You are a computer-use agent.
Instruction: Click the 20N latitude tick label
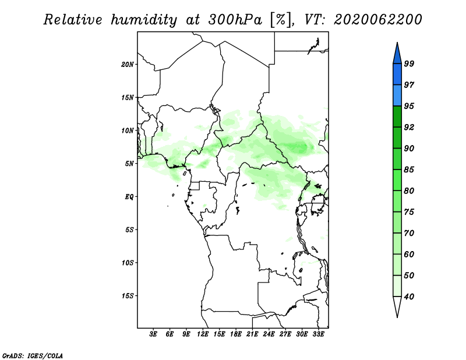click(128, 65)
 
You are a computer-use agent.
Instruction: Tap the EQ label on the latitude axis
click(129, 197)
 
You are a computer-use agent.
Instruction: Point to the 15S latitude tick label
click(128, 296)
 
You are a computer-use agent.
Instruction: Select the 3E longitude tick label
click(153, 334)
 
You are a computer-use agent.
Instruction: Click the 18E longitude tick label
click(236, 334)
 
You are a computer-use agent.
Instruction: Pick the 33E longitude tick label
click(318, 334)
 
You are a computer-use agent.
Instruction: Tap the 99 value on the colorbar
click(409, 63)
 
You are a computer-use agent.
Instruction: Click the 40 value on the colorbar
click(409, 297)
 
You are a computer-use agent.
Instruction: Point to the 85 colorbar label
click(409, 170)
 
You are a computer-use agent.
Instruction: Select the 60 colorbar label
click(409, 254)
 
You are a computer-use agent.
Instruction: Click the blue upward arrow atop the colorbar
click(397, 54)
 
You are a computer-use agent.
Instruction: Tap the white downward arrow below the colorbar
click(397, 306)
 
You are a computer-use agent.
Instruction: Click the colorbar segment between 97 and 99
click(397, 75)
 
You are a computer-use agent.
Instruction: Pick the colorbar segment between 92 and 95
click(397, 117)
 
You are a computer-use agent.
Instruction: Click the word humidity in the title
click(144, 20)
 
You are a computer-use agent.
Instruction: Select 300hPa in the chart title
click(235, 20)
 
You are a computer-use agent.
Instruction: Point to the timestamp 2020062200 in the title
click(377, 20)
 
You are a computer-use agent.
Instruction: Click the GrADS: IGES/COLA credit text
click(33, 355)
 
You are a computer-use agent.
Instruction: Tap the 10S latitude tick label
click(128, 263)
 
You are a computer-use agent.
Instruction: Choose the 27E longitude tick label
click(285, 334)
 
